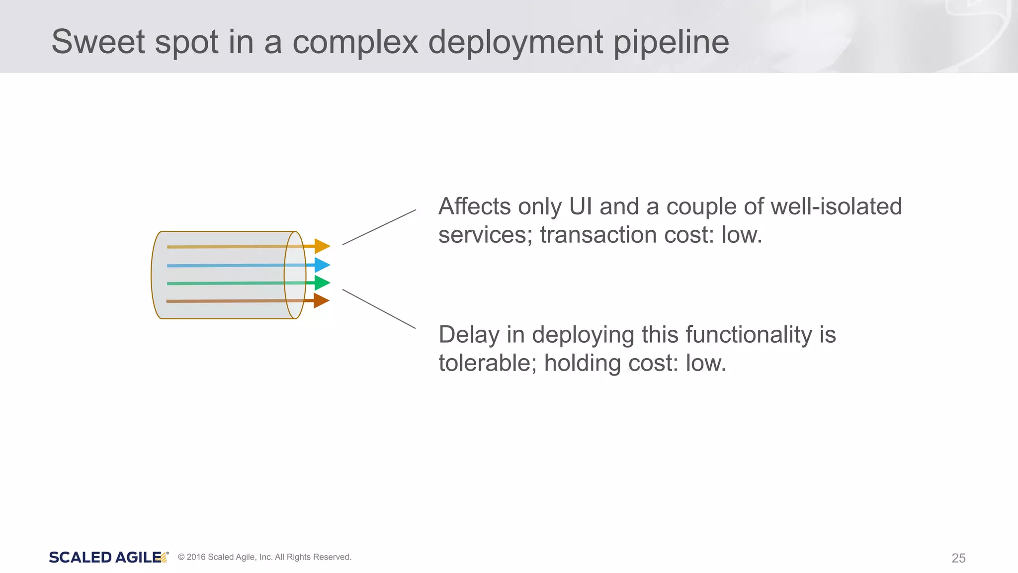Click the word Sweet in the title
click(98, 42)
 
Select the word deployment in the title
click(515, 43)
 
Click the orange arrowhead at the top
click(322, 246)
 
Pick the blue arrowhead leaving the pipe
click(322, 265)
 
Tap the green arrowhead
click(322, 283)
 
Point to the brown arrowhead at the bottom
click(321, 300)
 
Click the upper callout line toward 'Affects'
click(379, 227)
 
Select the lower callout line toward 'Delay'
click(379, 309)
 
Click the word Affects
click(474, 206)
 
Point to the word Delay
click(469, 335)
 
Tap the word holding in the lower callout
click(582, 363)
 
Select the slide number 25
click(958, 558)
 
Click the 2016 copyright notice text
click(264, 557)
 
